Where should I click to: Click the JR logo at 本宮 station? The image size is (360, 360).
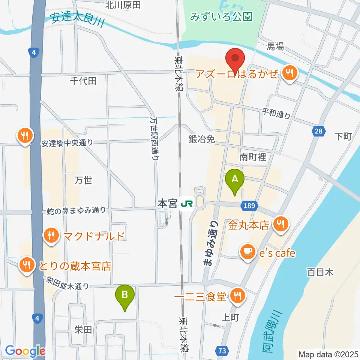186,204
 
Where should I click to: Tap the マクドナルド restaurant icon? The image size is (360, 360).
50,236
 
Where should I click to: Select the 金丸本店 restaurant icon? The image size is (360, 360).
280,225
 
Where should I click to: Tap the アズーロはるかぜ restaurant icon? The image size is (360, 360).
290,73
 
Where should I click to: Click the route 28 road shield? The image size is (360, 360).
318,131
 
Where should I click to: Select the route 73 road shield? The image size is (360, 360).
222,351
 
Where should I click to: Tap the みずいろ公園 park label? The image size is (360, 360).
221,17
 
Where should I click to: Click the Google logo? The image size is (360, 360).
25,351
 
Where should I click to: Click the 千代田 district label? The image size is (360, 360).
83,81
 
